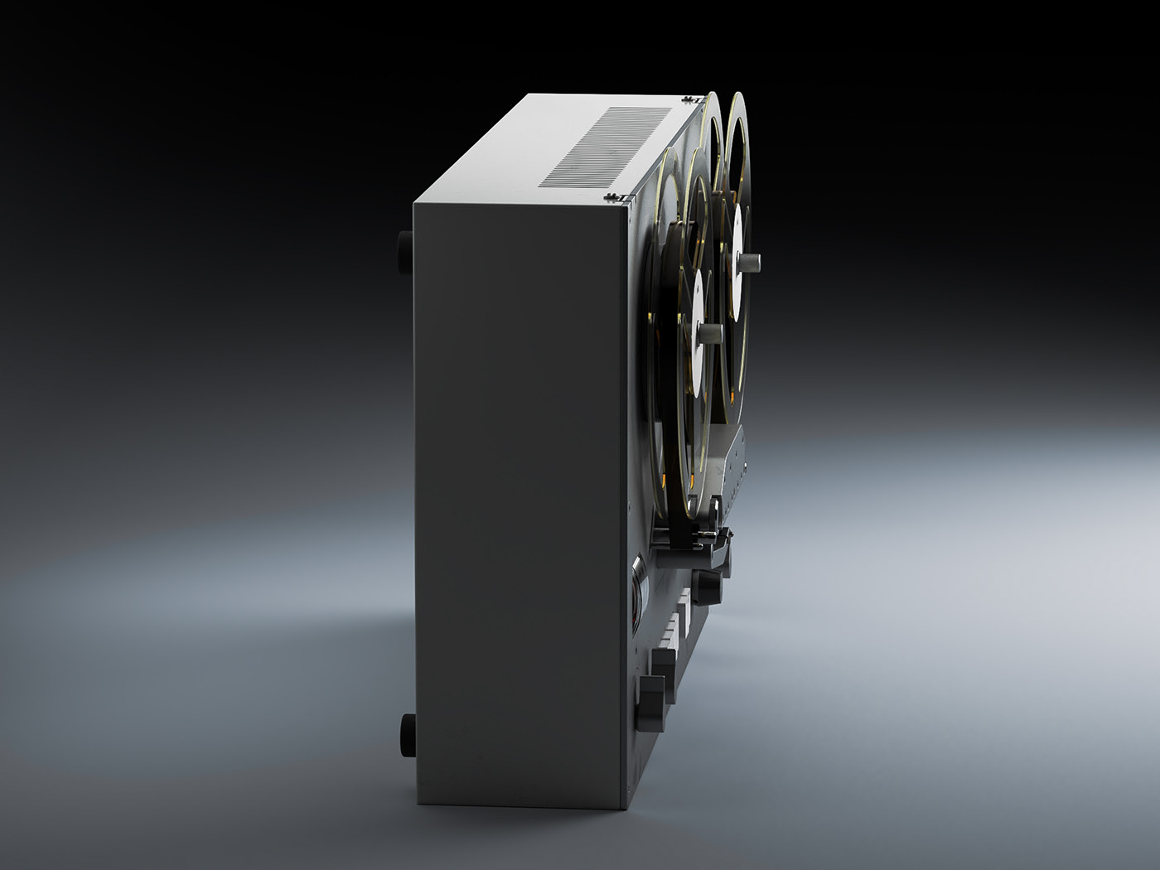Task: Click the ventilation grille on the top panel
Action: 609,147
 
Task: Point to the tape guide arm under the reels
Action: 696,539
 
